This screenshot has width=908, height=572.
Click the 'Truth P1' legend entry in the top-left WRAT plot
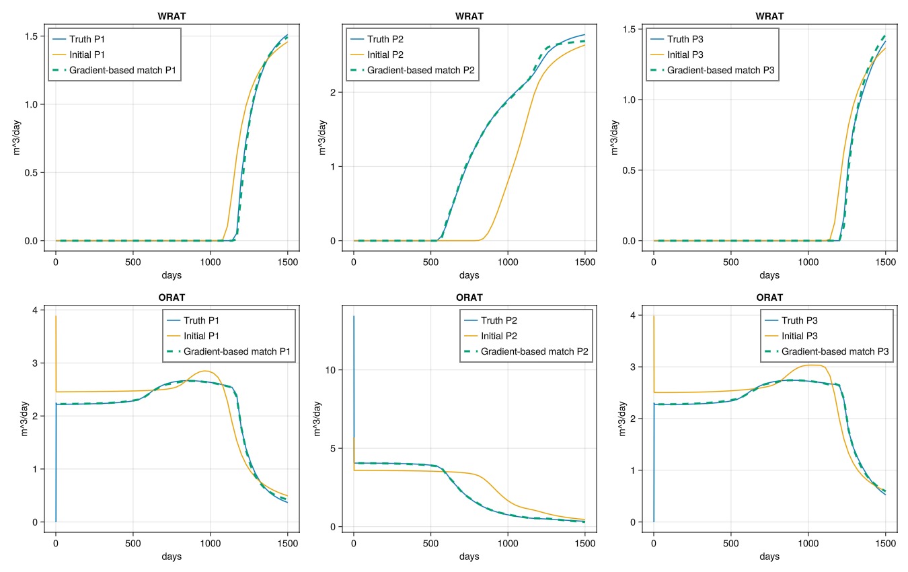tap(87, 39)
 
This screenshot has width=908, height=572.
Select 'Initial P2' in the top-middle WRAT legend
tap(385, 55)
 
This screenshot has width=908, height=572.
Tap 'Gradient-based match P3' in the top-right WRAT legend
tap(720, 70)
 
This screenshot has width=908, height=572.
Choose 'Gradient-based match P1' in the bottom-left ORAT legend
tap(237, 351)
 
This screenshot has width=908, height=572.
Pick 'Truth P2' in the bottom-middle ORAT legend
tap(498, 320)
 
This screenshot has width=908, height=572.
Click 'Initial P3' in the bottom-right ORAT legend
tap(799, 336)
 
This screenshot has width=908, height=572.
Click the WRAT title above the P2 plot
tap(469, 16)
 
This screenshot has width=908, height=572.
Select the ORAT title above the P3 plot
tap(769, 297)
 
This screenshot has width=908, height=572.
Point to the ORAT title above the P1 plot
tap(172, 297)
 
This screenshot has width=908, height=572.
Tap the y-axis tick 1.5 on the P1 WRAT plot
tap(31, 36)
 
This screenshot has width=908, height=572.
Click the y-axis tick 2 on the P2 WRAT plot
tap(333, 92)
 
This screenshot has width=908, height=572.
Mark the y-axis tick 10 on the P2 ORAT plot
tap(330, 370)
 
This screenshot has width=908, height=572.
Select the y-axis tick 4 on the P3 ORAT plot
tap(633, 315)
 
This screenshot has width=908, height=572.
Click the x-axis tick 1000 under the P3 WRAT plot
tap(808, 262)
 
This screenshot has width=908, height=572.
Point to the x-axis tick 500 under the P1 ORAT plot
tap(133, 544)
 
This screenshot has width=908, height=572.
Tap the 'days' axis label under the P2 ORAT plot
tap(469, 556)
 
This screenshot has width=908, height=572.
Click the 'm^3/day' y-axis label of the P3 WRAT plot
tap(614, 137)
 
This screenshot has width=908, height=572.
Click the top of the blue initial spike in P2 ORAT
tap(354, 316)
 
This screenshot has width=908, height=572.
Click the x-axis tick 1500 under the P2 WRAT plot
tap(585, 262)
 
